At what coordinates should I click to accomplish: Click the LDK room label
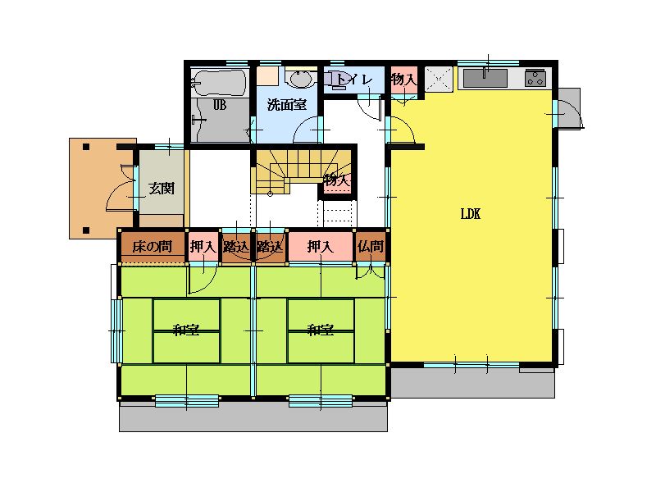pyautogui.click(x=470, y=214)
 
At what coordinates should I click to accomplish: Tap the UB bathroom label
pyautogui.click(x=220, y=105)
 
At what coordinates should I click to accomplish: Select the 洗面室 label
pyautogui.click(x=286, y=105)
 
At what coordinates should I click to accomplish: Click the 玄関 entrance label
pyautogui.click(x=162, y=189)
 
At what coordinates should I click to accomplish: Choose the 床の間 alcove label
pyautogui.click(x=152, y=247)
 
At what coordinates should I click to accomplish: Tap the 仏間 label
pyautogui.click(x=371, y=247)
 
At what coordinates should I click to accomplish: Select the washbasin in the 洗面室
pyautogui.click(x=300, y=79)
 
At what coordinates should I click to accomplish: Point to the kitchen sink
pyautogui.click(x=485, y=78)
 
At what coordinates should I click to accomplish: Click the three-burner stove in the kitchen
pyautogui.click(x=535, y=78)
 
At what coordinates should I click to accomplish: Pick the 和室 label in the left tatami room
pyautogui.click(x=186, y=330)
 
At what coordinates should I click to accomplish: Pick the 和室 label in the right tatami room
pyautogui.click(x=321, y=330)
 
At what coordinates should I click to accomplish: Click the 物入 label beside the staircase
pyautogui.click(x=337, y=180)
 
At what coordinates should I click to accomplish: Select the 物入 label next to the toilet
pyautogui.click(x=403, y=79)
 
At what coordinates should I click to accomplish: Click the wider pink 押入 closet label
pyautogui.click(x=320, y=247)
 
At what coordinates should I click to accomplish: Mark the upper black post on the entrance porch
pyautogui.click(x=86, y=147)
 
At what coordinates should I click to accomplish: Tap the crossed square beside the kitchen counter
pyautogui.click(x=439, y=78)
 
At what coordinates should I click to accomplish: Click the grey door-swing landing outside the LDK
pyautogui.click(x=569, y=108)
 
